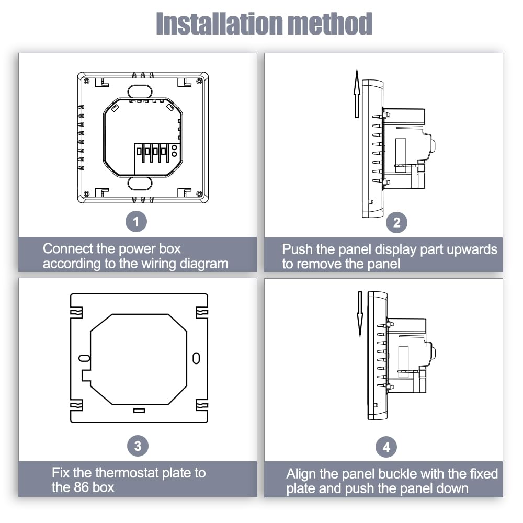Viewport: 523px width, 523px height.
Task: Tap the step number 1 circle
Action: (x=137, y=222)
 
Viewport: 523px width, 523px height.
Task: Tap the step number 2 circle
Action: (x=396, y=223)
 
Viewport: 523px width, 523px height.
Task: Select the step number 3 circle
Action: (x=138, y=446)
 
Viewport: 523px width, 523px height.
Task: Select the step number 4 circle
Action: (x=386, y=447)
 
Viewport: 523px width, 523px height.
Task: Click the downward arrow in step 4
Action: (x=360, y=314)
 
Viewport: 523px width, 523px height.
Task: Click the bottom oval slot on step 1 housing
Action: (x=139, y=183)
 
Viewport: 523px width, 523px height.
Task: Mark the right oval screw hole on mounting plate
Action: (x=196, y=358)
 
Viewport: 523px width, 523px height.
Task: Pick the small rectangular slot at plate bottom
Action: (x=139, y=411)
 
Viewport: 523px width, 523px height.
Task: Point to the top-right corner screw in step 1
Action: (x=199, y=81)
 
